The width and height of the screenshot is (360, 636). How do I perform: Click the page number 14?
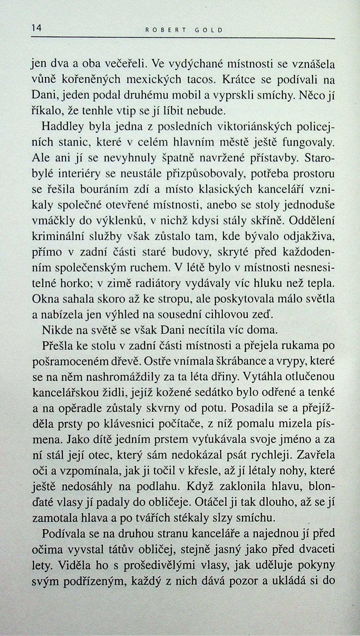(36, 28)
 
